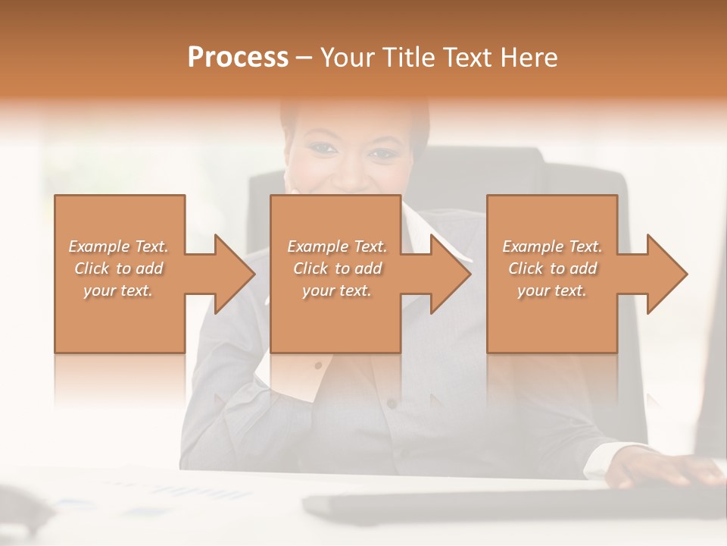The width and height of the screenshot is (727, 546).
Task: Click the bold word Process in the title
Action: click(238, 58)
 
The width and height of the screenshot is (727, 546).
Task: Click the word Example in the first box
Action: click(98, 246)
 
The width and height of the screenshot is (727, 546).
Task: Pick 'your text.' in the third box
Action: click(551, 290)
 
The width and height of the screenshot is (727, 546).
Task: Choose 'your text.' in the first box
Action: click(117, 290)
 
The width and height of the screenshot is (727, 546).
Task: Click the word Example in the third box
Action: click(532, 246)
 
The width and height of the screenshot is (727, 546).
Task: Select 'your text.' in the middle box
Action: click(336, 290)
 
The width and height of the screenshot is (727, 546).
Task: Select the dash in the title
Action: click(304, 58)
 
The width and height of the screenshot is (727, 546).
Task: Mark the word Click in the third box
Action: click(526, 268)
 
